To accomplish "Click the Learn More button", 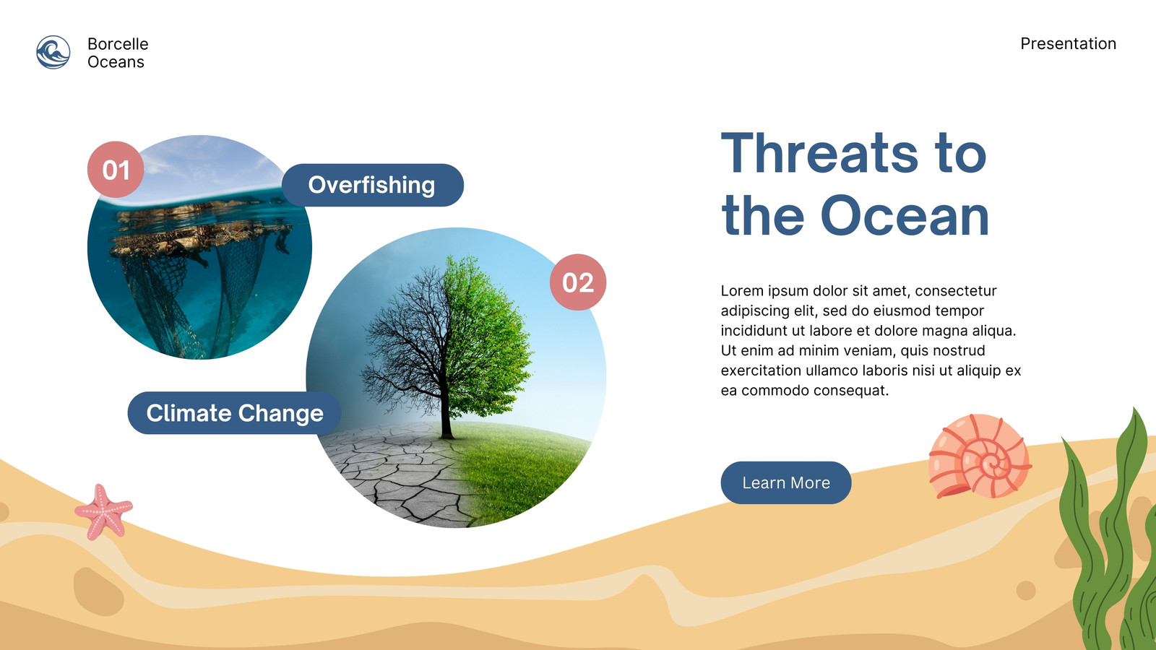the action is pyautogui.click(x=785, y=483).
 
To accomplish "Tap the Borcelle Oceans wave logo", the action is pyautogui.click(x=53, y=52).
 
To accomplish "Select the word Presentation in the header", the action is pyautogui.click(x=1069, y=44).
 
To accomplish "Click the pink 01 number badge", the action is pyautogui.click(x=116, y=170).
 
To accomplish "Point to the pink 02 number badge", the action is pyautogui.click(x=578, y=282).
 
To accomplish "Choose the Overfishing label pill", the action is pyautogui.click(x=373, y=185).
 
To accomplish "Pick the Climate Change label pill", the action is pyautogui.click(x=234, y=413).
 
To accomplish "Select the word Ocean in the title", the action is pyautogui.click(x=905, y=216).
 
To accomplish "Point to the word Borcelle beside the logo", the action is pyautogui.click(x=118, y=44).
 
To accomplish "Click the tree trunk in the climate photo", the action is pyautogui.click(x=446, y=407).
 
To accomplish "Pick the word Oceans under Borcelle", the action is pyautogui.click(x=116, y=62).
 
